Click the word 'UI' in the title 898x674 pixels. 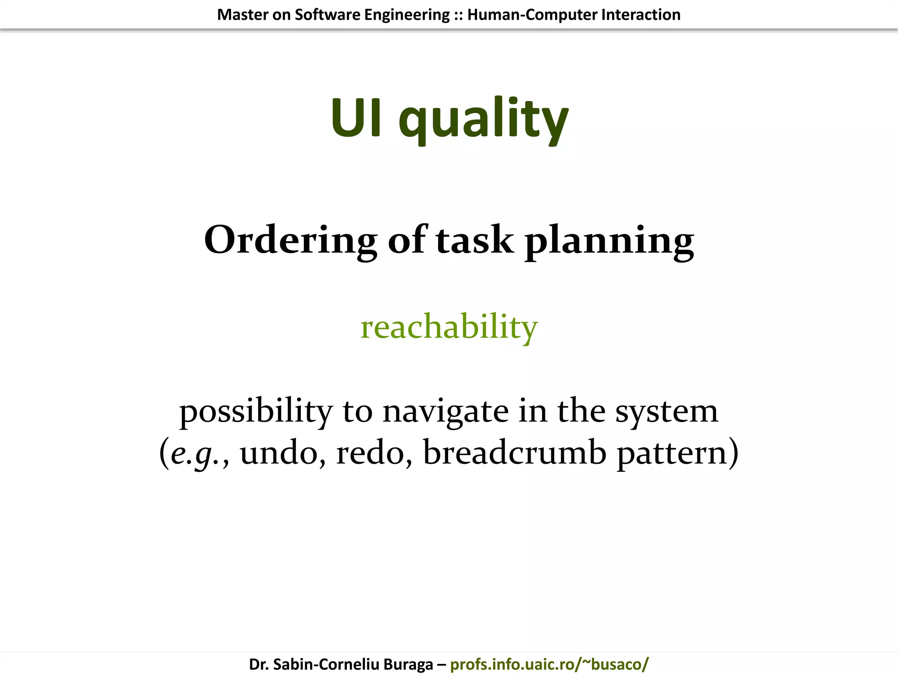(356, 118)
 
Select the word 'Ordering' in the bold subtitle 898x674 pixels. (290, 240)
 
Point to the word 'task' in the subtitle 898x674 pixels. (474, 240)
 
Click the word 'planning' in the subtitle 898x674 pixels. (609, 241)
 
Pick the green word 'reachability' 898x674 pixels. (449, 327)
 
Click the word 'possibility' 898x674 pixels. (256, 412)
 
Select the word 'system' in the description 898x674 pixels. (666, 412)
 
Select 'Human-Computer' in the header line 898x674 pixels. (532, 14)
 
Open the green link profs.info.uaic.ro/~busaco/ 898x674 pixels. (549, 664)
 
